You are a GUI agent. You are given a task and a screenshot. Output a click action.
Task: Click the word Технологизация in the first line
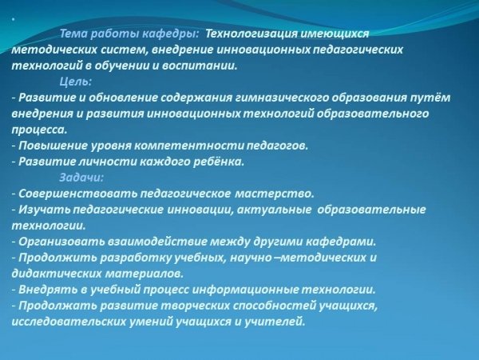point(251,34)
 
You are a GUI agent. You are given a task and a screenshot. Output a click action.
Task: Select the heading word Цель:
point(76,82)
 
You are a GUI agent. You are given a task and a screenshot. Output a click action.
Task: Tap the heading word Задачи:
point(81,178)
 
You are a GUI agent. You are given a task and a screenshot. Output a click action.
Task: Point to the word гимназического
point(282,98)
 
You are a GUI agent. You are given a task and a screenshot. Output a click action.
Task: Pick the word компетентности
point(189,146)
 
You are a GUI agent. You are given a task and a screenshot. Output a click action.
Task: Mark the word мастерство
point(275,194)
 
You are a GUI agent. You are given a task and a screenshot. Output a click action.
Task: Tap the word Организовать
point(61,242)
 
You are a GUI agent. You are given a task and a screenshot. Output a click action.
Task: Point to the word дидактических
point(56,274)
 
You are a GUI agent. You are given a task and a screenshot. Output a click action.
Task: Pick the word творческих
point(195,306)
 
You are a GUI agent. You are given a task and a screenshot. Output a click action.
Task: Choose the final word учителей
point(275,322)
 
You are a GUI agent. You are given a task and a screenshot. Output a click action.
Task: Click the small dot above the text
point(13,19)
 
